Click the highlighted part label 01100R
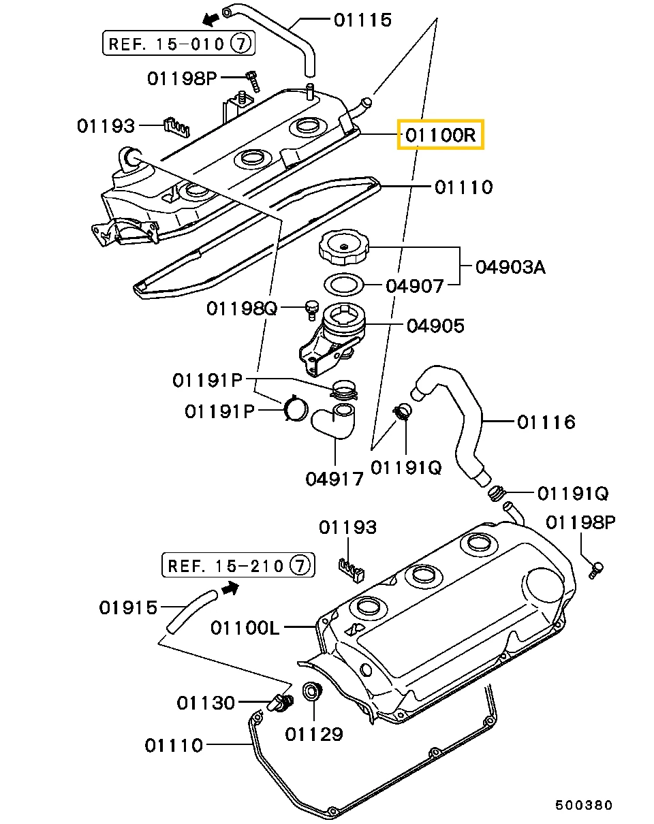click(x=441, y=134)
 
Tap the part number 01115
click(x=362, y=20)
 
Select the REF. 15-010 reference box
click(x=178, y=44)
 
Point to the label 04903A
click(x=510, y=267)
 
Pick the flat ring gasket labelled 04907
click(x=343, y=285)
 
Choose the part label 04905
click(x=435, y=326)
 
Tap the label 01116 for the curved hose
click(x=546, y=422)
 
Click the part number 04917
click(x=334, y=479)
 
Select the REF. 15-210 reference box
click(x=238, y=565)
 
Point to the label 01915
click(x=128, y=607)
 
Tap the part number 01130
click(x=206, y=703)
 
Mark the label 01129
click(x=314, y=734)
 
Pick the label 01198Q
click(x=241, y=308)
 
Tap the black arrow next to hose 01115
click(x=211, y=19)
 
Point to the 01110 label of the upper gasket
click(x=463, y=188)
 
